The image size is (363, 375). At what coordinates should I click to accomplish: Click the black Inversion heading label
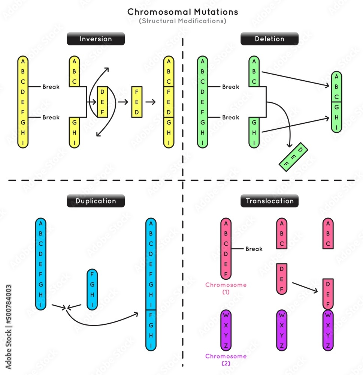coord(96,39)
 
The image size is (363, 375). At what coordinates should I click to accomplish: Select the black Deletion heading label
coord(269,39)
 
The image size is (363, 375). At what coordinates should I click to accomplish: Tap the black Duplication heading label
coord(96,201)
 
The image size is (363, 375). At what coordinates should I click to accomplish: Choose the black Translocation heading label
coord(269,201)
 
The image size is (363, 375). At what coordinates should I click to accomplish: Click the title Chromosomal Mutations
coord(182,12)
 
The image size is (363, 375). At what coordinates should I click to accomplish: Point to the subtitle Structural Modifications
coord(182,21)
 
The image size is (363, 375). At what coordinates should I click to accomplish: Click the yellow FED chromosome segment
coord(137,102)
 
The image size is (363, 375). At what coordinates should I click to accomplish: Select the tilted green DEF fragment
coord(294,157)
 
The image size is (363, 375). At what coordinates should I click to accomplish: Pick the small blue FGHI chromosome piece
coord(92,289)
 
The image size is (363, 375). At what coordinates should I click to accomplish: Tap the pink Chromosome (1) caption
coord(226,288)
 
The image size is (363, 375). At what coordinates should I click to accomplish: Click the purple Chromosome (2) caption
coord(226,359)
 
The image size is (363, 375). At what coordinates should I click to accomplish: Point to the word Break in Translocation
coord(254,249)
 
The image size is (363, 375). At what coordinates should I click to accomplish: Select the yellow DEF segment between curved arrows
coord(102,102)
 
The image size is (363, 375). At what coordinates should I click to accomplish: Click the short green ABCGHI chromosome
coord(337,102)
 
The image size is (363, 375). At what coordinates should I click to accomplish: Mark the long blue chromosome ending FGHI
coord(151,284)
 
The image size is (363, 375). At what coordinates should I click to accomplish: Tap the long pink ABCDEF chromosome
coord(226,249)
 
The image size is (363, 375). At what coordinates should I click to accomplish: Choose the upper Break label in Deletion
coord(231,87)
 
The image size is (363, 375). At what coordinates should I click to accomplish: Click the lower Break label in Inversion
coord(51,117)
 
